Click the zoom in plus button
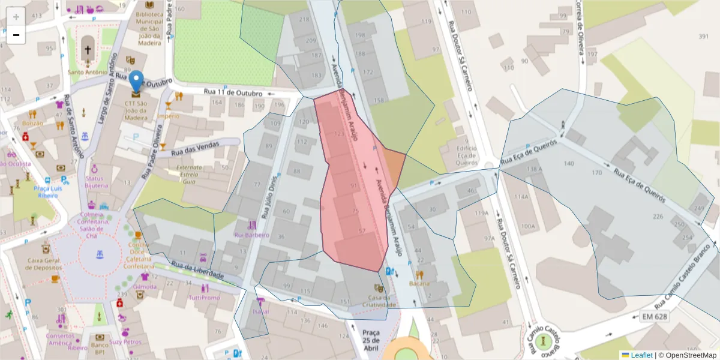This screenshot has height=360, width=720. point(16,16)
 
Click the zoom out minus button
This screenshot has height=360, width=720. point(16,35)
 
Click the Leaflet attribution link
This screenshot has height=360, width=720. point(641,355)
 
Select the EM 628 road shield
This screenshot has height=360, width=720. point(653,316)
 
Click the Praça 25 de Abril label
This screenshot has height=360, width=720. point(371,340)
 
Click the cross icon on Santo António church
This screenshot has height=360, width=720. point(88,50)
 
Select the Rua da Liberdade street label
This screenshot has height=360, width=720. point(197,269)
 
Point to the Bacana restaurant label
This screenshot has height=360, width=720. point(419,283)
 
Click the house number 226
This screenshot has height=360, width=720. point(658,217)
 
